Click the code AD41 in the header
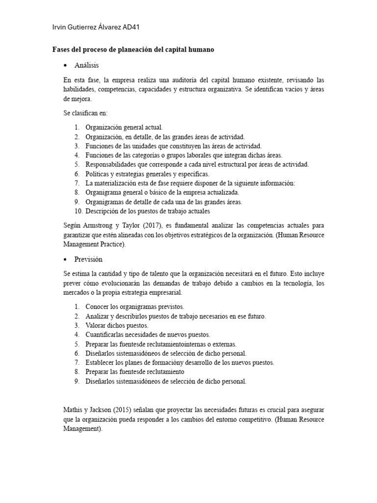[131, 27]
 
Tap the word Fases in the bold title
[62, 50]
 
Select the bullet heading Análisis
[87, 65]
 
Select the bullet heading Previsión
[88, 259]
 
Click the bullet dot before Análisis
[65, 65]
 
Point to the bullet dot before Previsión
[65, 259]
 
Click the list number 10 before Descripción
[79, 211]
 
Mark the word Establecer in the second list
[101, 363]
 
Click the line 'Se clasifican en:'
[82, 112]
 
